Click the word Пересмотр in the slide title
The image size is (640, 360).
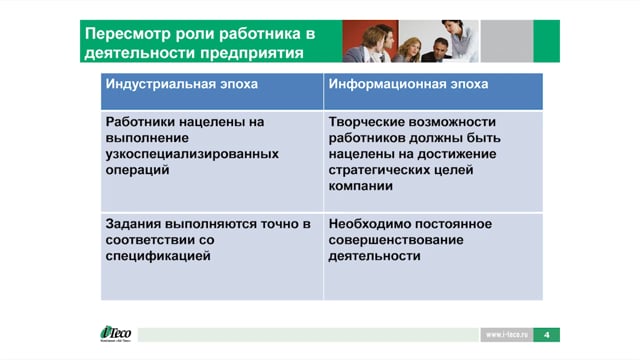tap(128, 34)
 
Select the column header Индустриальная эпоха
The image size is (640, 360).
tap(182, 84)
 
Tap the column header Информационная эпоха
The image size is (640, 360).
tap(408, 84)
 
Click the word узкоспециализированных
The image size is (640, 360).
tap(192, 154)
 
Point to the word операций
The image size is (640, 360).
tap(137, 170)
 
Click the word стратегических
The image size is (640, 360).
tap(372, 170)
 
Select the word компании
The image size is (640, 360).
tap(360, 186)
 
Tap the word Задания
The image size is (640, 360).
tap(133, 224)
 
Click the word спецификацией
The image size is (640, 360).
tap(158, 256)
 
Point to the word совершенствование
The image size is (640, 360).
tap(396, 240)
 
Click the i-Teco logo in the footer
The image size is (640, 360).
tap(116, 333)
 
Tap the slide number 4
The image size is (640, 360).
tap(547, 335)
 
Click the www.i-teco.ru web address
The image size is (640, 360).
tap(507, 335)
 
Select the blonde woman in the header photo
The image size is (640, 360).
tap(408, 50)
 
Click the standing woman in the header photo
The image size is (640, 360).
tap(460, 40)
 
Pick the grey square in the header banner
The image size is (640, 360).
tap(507, 41)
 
